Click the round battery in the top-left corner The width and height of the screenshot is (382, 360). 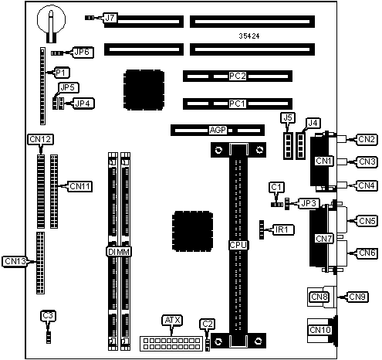(51, 20)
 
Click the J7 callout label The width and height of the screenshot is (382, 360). (110, 18)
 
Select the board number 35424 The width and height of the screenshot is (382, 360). (249, 36)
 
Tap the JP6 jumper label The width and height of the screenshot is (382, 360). (82, 53)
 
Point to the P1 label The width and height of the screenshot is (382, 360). (61, 73)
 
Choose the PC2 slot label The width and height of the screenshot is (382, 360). (238, 76)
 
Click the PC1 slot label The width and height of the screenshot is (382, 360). (238, 104)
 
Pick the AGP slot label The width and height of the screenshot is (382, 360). (218, 131)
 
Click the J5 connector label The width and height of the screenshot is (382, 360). (288, 118)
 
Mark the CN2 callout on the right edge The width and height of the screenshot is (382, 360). (367, 139)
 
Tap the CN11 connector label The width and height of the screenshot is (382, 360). (80, 186)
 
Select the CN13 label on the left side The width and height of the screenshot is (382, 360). (15, 261)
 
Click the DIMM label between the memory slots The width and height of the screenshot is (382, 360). (119, 252)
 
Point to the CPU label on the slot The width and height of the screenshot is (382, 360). (238, 245)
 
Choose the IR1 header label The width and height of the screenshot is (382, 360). (282, 229)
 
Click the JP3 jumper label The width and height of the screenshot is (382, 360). (309, 203)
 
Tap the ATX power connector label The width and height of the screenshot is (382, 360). (172, 321)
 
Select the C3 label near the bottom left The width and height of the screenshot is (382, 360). (48, 316)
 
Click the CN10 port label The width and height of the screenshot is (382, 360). (320, 330)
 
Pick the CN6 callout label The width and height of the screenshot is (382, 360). (367, 253)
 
